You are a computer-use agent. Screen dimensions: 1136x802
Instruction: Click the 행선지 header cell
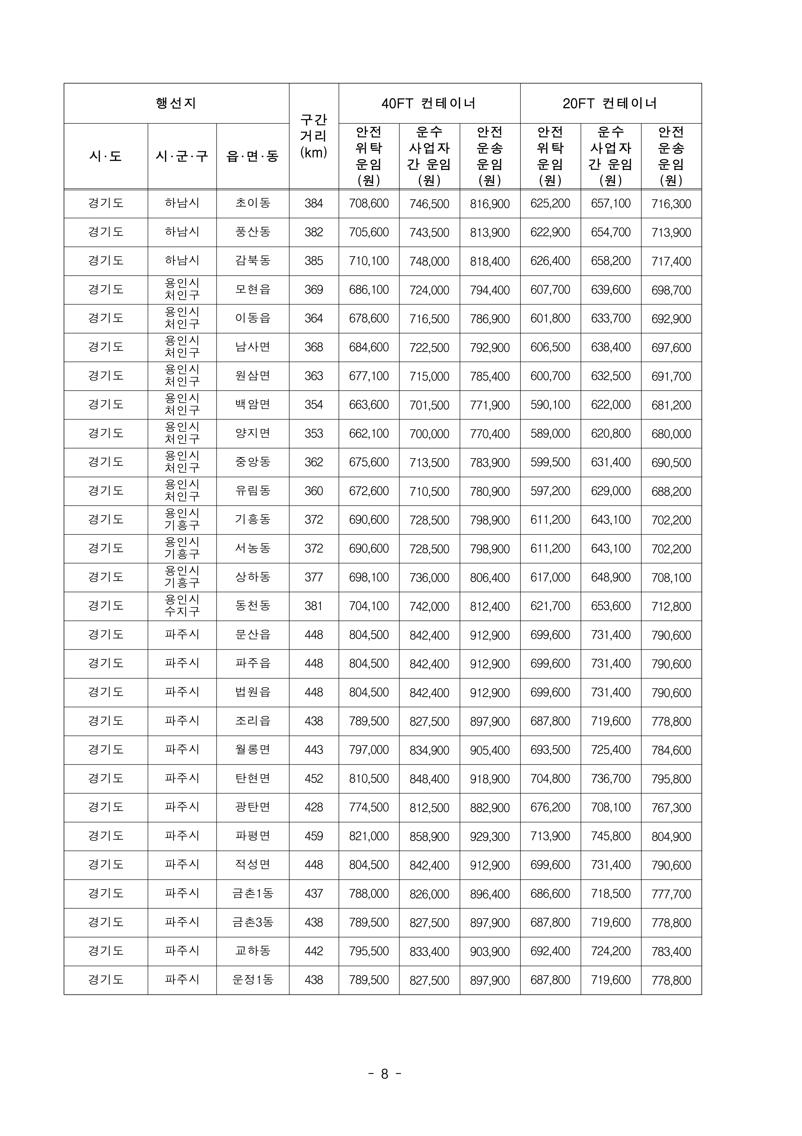176,104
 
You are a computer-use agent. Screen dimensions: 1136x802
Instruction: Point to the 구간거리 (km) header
314,136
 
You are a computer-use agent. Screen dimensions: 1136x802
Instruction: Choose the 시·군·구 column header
182,156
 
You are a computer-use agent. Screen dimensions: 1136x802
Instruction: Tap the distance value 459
314,836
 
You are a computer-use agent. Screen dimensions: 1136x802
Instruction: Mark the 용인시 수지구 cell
182,606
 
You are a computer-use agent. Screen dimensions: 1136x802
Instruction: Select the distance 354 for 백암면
314,405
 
